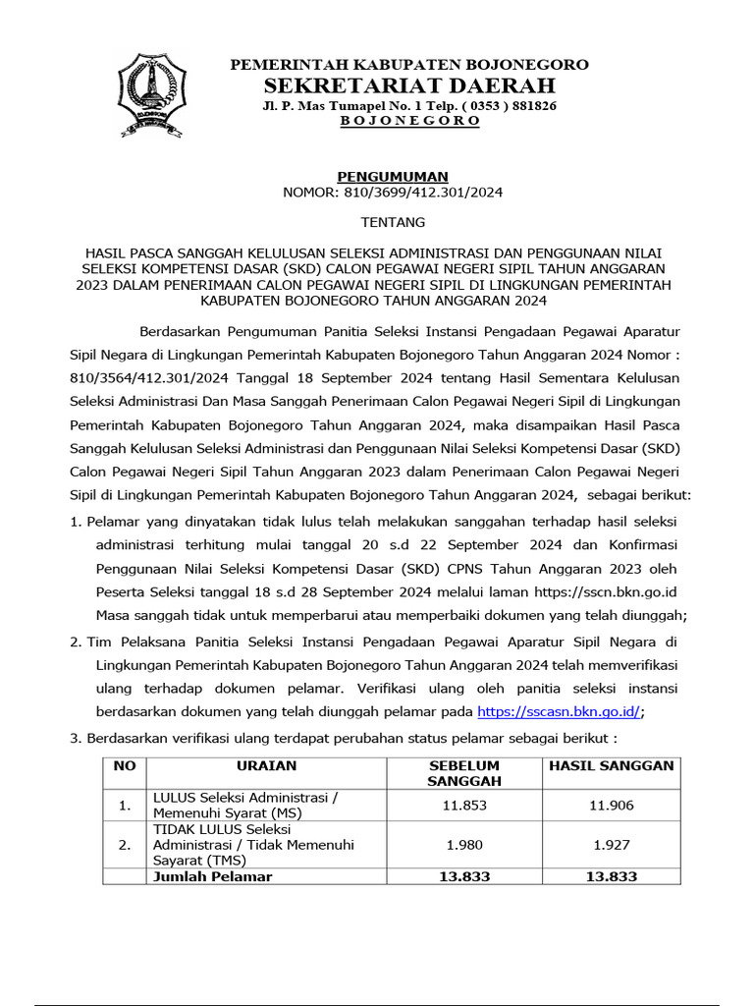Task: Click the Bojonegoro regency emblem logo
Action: point(155,94)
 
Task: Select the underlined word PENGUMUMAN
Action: point(393,176)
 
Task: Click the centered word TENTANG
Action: point(393,223)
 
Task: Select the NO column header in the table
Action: point(124,765)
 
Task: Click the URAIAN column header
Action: point(266,765)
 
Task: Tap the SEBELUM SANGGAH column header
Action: point(464,773)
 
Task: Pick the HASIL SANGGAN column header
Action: point(612,765)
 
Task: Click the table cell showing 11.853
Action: point(464,806)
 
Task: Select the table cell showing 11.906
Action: point(612,806)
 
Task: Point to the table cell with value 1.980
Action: point(464,844)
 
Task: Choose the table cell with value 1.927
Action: point(612,844)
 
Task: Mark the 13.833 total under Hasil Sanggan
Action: point(612,876)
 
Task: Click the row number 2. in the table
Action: point(124,844)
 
